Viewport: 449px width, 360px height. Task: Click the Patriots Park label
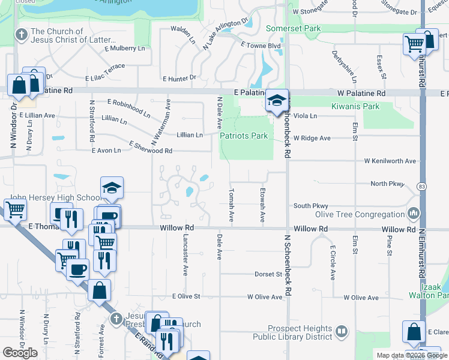(x=244, y=136)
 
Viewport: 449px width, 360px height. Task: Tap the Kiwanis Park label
(x=355, y=106)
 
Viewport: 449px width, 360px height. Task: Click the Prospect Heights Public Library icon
(x=341, y=331)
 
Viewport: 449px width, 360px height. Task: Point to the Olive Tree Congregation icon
(x=414, y=214)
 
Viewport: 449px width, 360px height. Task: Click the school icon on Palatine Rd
(x=276, y=100)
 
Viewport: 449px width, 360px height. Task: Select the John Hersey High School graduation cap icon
(x=112, y=188)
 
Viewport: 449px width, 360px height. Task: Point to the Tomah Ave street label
(x=231, y=205)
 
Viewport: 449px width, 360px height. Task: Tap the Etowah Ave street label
(x=263, y=205)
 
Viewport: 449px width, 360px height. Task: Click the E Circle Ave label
(x=333, y=263)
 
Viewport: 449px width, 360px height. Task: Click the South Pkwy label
(x=310, y=206)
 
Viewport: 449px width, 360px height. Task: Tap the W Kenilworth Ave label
(x=390, y=161)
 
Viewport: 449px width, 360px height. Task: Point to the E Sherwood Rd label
(x=151, y=147)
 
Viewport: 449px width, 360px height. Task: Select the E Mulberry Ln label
(x=124, y=48)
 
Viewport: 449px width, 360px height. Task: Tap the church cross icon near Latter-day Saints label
(x=22, y=34)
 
